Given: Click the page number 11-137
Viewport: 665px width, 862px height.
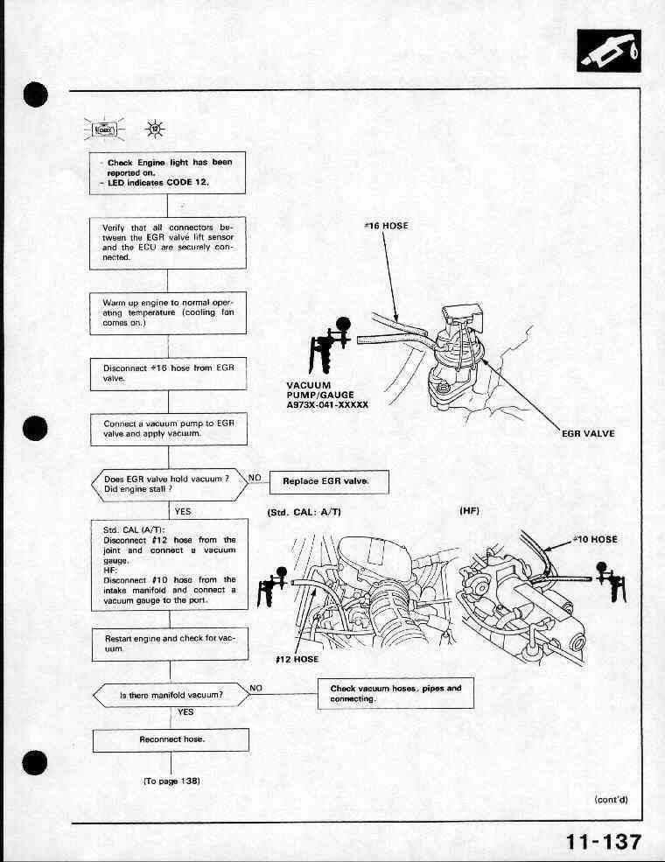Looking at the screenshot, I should click(x=603, y=842).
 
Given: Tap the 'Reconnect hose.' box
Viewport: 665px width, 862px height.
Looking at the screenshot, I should click(x=171, y=739).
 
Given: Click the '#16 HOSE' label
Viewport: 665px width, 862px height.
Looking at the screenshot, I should click(x=386, y=226).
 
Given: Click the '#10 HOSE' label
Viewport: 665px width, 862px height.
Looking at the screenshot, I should click(x=595, y=539).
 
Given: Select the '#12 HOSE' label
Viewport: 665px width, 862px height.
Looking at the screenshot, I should click(x=297, y=659).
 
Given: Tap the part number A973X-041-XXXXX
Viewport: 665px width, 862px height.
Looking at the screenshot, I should click(x=328, y=404).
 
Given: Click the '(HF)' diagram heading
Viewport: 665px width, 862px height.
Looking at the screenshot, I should click(x=469, y=511).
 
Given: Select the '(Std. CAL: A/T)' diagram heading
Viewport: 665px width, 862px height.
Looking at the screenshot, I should click(x=302, y=512).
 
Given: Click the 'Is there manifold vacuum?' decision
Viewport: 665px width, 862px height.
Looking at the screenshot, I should click(x=171, y=695).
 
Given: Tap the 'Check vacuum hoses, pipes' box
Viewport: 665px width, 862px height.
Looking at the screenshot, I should click(x=395, y=693).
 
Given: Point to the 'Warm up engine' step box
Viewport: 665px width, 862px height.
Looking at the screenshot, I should click(x=168, y=313).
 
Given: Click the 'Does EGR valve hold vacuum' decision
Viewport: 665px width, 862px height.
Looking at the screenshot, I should click(x=166, y=484).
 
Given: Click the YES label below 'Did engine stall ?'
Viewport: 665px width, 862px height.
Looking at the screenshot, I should click(x=184, y=510).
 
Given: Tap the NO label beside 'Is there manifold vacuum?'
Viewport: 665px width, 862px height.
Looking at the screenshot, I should click(x=256, y=688).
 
